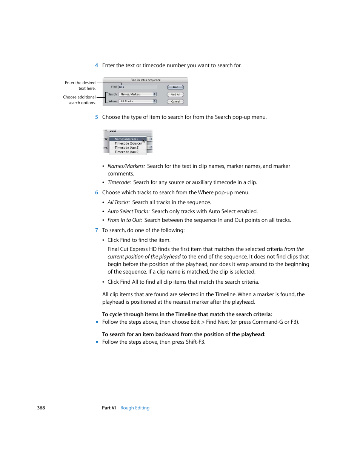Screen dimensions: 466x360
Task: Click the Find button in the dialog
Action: click(175, 87)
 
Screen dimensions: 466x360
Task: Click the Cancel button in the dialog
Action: click(175, 102)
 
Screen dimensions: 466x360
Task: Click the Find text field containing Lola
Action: click(137, 87)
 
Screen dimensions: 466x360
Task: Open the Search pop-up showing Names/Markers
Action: click(137, 94)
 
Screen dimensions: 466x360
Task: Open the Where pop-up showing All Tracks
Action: click(137, 102)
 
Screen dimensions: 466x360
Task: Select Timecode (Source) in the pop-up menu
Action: click(128, 143)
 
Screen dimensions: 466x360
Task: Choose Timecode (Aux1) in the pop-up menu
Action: click(127, 148)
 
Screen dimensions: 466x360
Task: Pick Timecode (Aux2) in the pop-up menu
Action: click(127, 152)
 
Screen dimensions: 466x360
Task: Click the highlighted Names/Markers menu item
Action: click(126, 139)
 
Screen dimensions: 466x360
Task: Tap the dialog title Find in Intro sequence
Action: click(145, 80)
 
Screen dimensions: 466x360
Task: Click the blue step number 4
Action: click(97, 66)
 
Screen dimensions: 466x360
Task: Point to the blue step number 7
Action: click(97, 230)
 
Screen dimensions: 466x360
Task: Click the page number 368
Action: click(41, 408)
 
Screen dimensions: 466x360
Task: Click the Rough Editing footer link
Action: click(135, 408)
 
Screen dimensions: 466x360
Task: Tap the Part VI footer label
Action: click(109, 408)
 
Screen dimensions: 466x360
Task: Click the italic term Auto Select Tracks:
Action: click(128, 212)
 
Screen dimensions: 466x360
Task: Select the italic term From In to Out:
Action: click(125, 220)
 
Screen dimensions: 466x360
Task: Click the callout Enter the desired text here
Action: click(80, 86)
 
